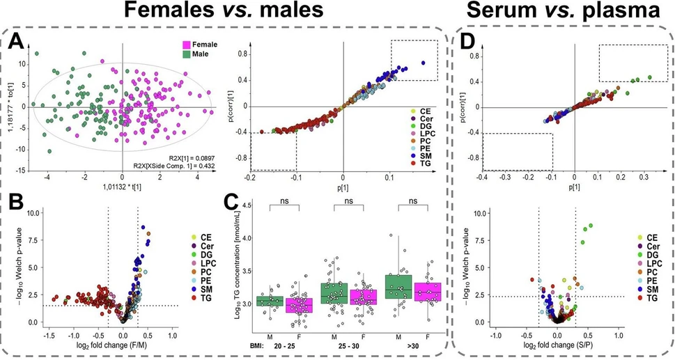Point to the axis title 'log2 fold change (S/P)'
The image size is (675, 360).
tap(557, 345)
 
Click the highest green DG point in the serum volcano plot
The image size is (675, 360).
tap(591, 226)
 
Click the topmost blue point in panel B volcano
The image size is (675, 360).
tap(143, 227)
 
